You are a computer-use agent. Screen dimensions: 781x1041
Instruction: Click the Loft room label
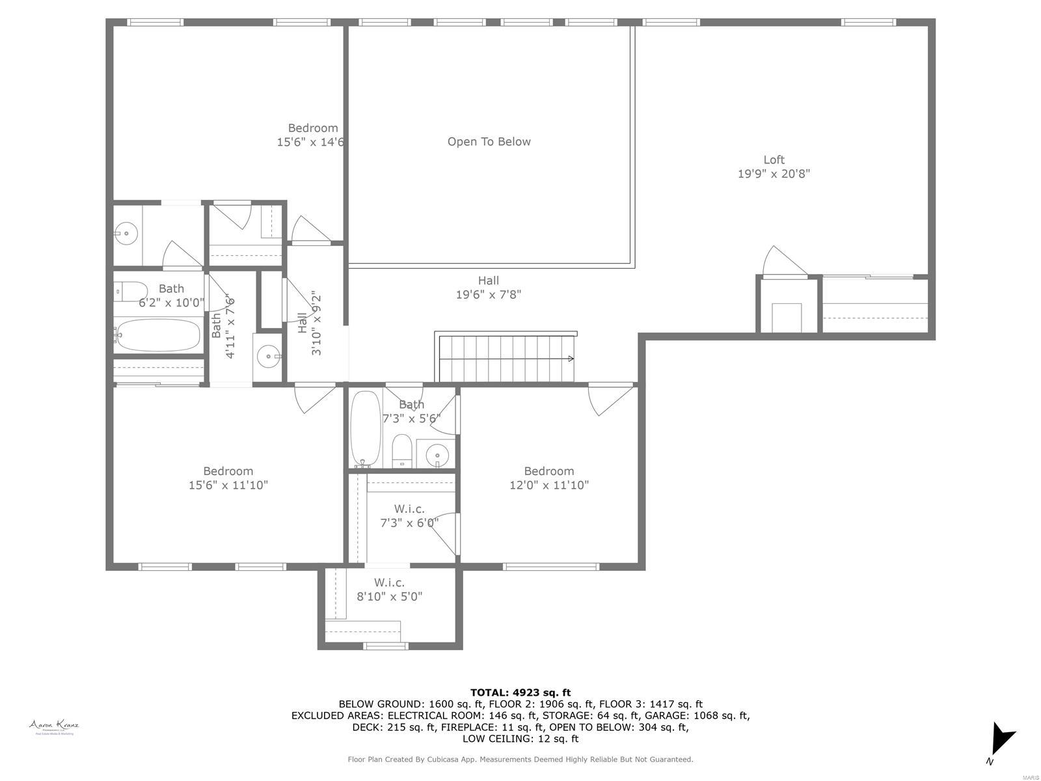tap(774, 159)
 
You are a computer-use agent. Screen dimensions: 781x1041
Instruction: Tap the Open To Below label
tap(489, 142)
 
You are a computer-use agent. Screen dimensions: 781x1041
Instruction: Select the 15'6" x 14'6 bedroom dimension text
tap(310, 142)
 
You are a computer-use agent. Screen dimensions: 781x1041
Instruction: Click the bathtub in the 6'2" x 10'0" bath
tap(158, 336)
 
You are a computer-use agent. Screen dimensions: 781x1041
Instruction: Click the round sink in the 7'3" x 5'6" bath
tap(438, 454)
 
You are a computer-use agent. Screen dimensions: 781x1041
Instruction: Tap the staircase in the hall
tap(506, 358)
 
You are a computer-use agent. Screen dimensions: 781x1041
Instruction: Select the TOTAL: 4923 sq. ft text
tap(520, 692)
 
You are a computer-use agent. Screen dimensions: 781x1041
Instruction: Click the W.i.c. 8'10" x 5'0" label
tap(389, 590)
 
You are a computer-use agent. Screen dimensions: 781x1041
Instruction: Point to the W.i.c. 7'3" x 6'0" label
tap(409, 515)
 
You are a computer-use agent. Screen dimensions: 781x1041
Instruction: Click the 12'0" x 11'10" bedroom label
tap(548, 478)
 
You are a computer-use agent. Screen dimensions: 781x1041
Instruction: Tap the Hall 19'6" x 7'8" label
tap(488, 287)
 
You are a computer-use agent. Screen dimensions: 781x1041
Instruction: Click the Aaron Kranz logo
tap(54, 726)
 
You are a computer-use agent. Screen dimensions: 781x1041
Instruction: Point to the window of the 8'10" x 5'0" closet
tap(385, 646)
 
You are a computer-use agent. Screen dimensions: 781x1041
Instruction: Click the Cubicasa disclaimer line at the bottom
tap(520, 759)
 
